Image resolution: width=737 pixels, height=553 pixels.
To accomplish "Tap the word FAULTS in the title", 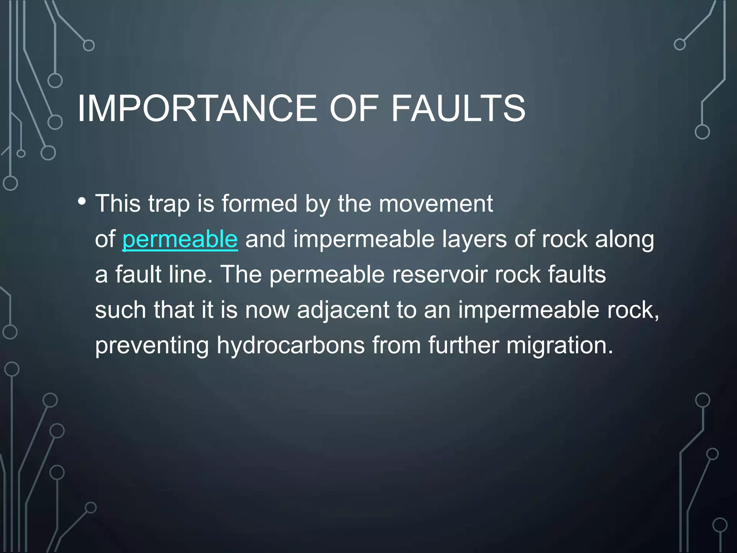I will pos(458,108).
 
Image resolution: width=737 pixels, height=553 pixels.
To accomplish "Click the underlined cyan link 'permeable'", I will pos(180,239).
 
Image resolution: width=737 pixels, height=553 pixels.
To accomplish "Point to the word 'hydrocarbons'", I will pos(291,345).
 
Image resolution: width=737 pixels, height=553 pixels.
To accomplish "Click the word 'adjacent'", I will pos(343,310).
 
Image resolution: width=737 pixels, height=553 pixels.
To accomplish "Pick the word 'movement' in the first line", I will pos(436,204).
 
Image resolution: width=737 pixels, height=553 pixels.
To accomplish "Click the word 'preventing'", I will pos(152,345).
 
